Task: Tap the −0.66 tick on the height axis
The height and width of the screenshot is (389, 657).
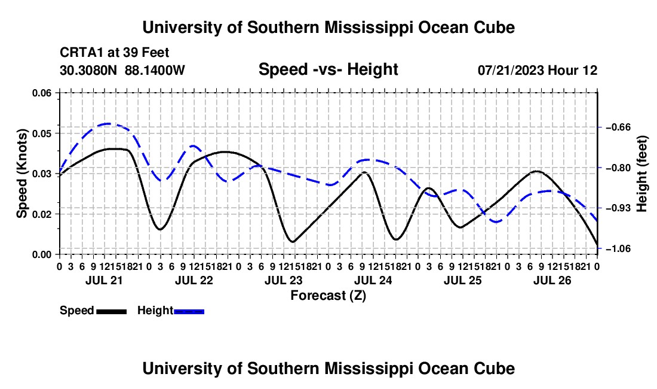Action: (618, 127)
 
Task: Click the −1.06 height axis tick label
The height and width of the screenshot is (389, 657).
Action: (618, 249)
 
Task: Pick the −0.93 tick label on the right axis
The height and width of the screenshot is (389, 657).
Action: (618, 208)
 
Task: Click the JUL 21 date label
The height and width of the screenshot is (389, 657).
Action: (104, 280)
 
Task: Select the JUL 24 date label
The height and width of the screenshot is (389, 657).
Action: (373, 280)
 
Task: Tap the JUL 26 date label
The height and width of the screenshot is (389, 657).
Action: (552, 280)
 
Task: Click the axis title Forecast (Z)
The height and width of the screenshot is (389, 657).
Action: (328, 296)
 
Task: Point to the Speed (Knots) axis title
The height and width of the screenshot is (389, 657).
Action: (22, 174)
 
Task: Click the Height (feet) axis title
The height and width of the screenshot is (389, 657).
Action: (641, 174)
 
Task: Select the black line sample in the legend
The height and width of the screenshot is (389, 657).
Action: (112, 312)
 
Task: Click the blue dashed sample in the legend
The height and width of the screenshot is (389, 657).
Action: (189, 312)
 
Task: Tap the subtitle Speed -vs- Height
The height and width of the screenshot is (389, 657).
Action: (328, 69)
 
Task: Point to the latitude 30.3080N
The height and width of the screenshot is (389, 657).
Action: (88, 70)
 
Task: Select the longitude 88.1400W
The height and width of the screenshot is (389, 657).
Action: (155, 70)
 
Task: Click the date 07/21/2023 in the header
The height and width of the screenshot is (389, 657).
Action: (511, 70)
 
